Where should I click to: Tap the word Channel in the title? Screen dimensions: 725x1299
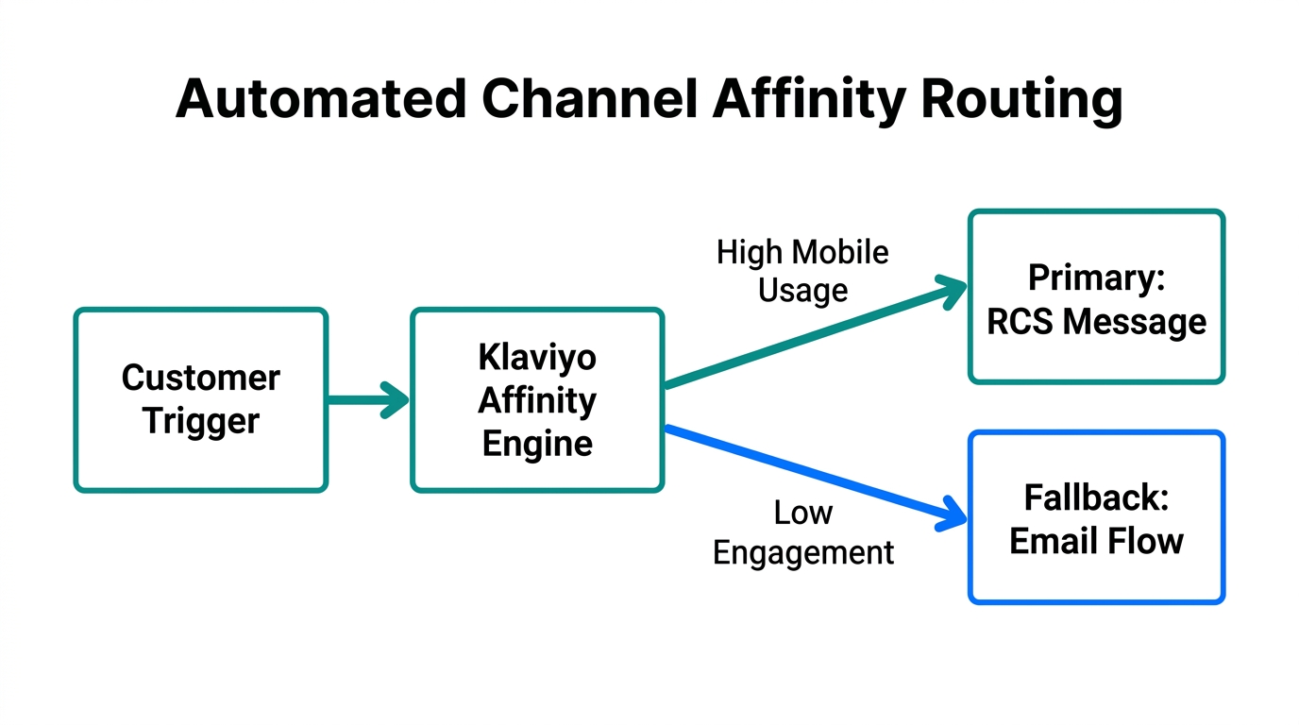pos(587,98)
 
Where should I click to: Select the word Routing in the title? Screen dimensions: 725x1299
pos(1021,98)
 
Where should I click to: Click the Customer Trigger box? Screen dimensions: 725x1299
pos(201,399)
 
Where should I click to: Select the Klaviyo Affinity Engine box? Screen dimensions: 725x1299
pos(537,399)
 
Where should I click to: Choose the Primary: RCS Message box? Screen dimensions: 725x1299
pos(1096,297)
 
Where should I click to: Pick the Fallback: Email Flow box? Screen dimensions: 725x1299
pos(1096,517)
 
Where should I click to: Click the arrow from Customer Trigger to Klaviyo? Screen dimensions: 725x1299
pos(367,399)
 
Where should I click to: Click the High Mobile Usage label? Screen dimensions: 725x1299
pos(802,271)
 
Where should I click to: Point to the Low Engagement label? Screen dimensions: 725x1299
pos(802,532)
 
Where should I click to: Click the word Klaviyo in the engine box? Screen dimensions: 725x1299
pos(537,358)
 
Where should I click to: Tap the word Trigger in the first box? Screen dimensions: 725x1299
pos(201,421)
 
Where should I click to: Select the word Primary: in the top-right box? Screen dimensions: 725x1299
pos(1096,278)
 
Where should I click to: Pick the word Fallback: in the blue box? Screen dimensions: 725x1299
pos(1096,497)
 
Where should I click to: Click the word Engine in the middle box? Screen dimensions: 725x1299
pos(537,443)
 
